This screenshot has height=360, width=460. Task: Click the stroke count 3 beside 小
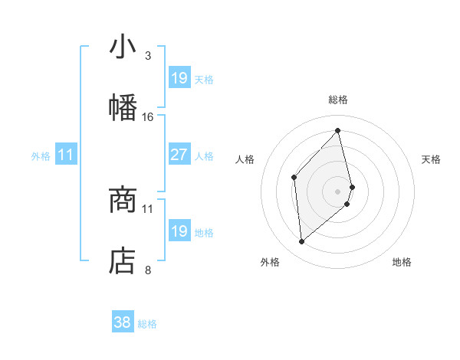147,56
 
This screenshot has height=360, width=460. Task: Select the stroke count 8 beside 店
147,270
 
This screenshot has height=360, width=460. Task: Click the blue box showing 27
179,155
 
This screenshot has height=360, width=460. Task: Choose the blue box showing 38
123,322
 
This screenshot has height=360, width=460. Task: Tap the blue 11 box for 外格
66,155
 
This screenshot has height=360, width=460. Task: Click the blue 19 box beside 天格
179,78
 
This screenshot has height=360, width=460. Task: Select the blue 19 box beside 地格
179,231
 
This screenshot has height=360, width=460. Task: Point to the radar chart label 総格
338,100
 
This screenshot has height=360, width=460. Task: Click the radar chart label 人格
245,159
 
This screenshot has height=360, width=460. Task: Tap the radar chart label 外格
270,262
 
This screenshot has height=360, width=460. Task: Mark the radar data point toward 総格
338,131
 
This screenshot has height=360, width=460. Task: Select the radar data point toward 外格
302,242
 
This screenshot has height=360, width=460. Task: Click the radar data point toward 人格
294,178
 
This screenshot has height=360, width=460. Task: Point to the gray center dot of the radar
338,190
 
